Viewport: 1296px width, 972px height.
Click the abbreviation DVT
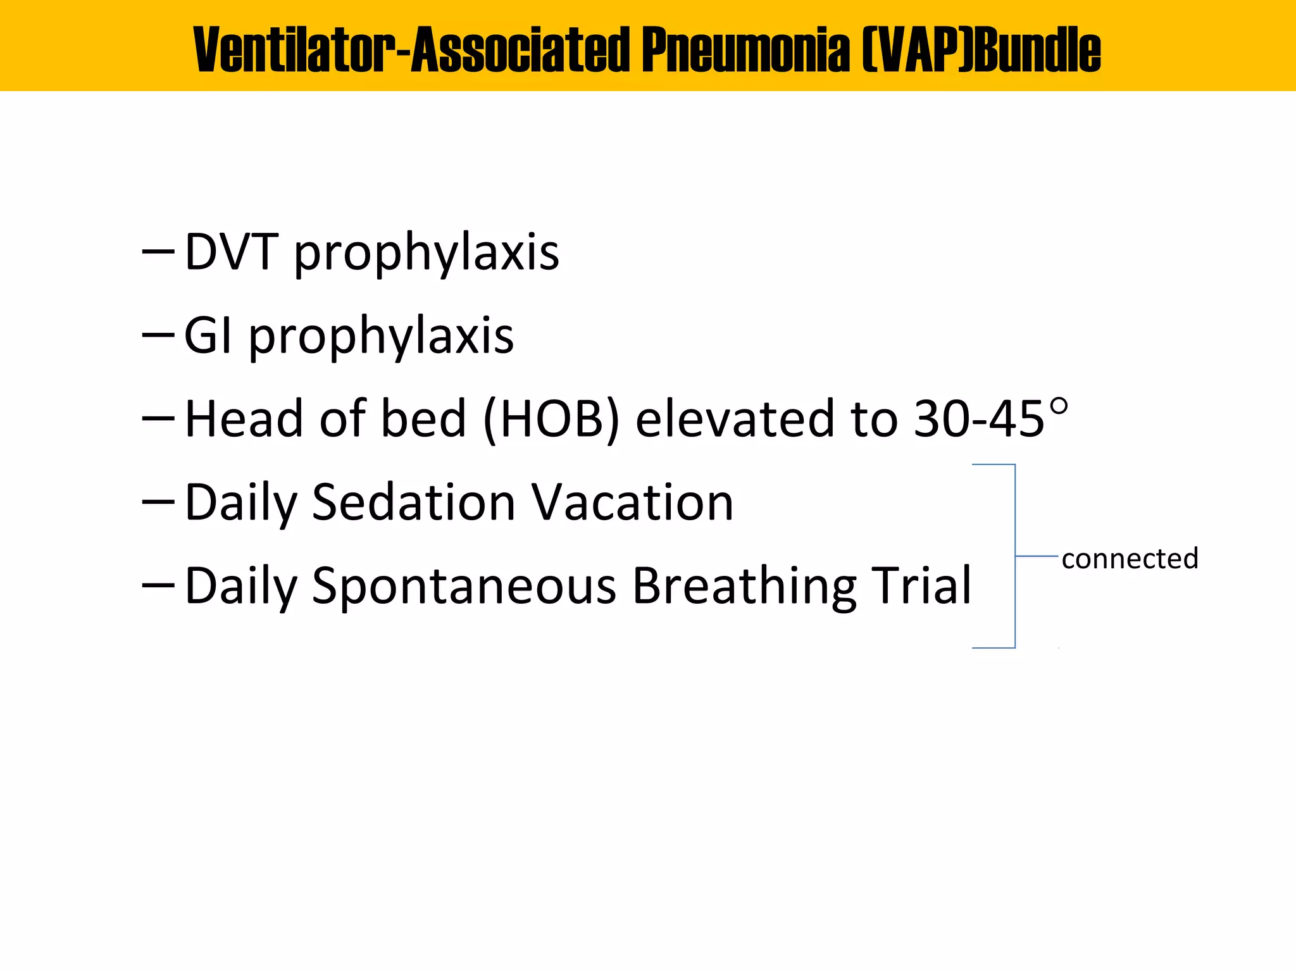pos(231,252)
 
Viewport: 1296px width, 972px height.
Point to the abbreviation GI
pos(208,335)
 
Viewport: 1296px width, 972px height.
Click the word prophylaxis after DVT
pos(427,253)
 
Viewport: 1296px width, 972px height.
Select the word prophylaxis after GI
pos(381,337)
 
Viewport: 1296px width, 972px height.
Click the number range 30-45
pos(979,419)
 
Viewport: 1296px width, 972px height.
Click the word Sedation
pos(414,502)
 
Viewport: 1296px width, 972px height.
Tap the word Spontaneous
pos(464,586)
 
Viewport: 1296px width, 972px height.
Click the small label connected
pos(1130,559)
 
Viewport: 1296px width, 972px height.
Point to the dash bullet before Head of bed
pos(158,418)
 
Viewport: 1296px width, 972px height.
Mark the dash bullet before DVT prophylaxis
pos(158,251)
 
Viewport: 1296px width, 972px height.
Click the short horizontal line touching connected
pos(1037,556)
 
